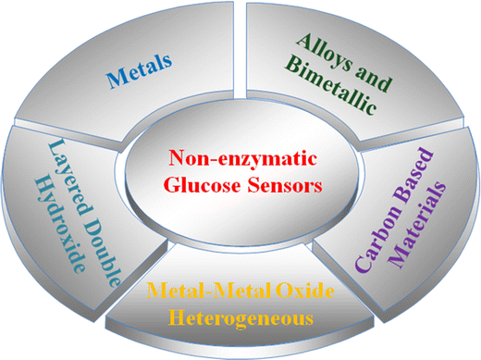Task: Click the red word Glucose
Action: [x=207, y=183]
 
